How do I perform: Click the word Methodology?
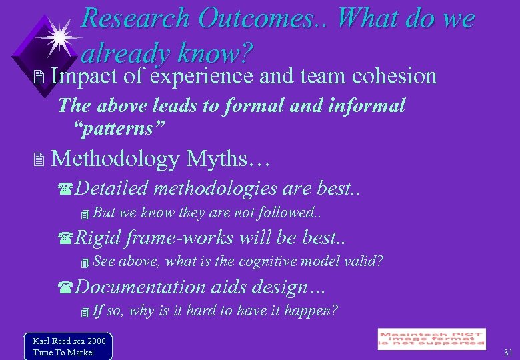click(115, 159)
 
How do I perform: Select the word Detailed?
click(111, 189)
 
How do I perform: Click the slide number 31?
click(508, 352)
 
